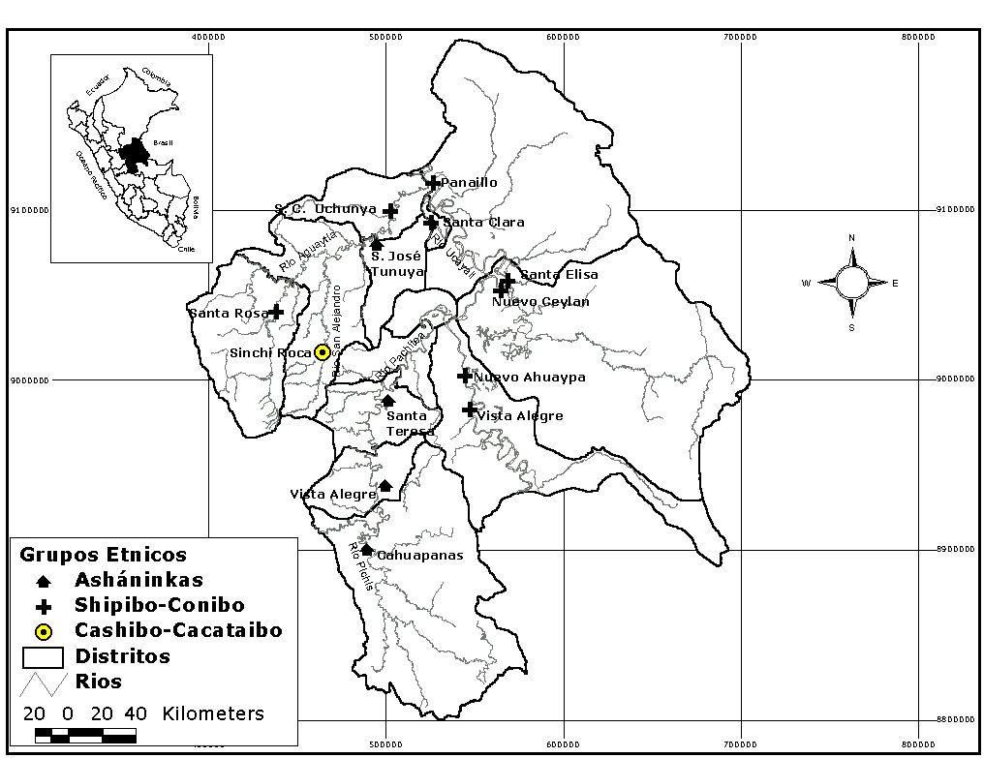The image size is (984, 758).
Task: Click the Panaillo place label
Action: [469, 182]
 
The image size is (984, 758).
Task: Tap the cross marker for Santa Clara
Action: [431, 223]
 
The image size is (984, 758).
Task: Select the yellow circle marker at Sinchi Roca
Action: [322, 352]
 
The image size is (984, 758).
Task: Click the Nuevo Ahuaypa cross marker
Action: [465, 376]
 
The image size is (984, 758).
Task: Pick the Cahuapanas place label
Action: [420, 556]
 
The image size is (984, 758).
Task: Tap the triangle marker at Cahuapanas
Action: [367, 550]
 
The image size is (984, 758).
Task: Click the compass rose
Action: [852, 283]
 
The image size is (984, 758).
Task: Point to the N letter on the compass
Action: [851, 238]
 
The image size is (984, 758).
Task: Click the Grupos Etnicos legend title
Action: [103, 555]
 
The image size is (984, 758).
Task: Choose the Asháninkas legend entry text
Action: [138, 580]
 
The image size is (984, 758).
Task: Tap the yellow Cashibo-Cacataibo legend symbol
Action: [43, 631]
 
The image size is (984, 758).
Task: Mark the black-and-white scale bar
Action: [85, 735]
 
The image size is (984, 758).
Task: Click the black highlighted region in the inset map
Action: [134, 153]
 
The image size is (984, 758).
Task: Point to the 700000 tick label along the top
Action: [740, 37]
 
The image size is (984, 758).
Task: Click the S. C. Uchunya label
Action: [325, 209]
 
